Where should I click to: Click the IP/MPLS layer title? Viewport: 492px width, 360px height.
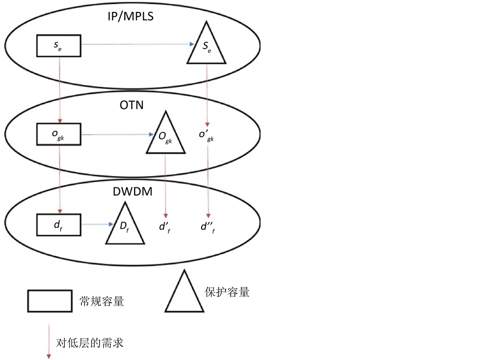(130, 16)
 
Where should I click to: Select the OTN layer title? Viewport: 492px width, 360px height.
(131, 105)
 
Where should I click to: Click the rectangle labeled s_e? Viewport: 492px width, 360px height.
(58, 46)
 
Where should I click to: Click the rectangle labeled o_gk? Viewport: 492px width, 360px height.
(58, 134)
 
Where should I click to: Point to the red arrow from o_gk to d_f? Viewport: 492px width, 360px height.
(59, 179)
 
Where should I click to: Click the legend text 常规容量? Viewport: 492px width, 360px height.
(101, 301)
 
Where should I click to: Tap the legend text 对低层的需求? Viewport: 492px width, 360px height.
(90, 343)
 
